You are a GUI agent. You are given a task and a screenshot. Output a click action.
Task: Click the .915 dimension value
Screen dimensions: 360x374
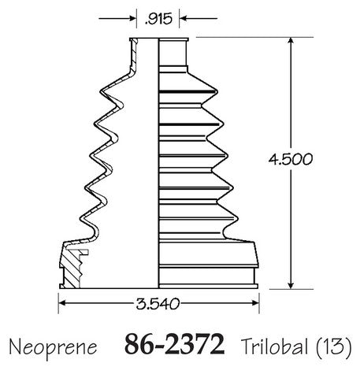coord(158,19)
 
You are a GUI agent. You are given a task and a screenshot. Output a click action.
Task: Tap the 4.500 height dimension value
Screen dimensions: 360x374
coord(291,159)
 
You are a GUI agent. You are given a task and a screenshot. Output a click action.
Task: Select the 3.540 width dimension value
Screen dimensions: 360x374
coord(158,304)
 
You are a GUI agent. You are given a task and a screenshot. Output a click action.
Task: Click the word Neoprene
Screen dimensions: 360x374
coord(53,347)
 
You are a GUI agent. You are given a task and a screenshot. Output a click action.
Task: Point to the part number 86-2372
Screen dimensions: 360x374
coord(175,344)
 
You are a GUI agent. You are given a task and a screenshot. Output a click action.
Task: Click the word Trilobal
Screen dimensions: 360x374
coord(274,346)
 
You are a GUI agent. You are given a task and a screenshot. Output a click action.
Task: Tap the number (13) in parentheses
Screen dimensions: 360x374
coord(333,346)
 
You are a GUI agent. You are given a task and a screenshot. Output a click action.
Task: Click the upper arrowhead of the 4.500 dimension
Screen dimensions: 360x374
coord(291,41)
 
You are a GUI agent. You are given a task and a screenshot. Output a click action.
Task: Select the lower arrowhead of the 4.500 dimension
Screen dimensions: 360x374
coord(291,285)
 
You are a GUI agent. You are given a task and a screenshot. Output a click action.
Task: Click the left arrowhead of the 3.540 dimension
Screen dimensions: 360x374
coord(62,303)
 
